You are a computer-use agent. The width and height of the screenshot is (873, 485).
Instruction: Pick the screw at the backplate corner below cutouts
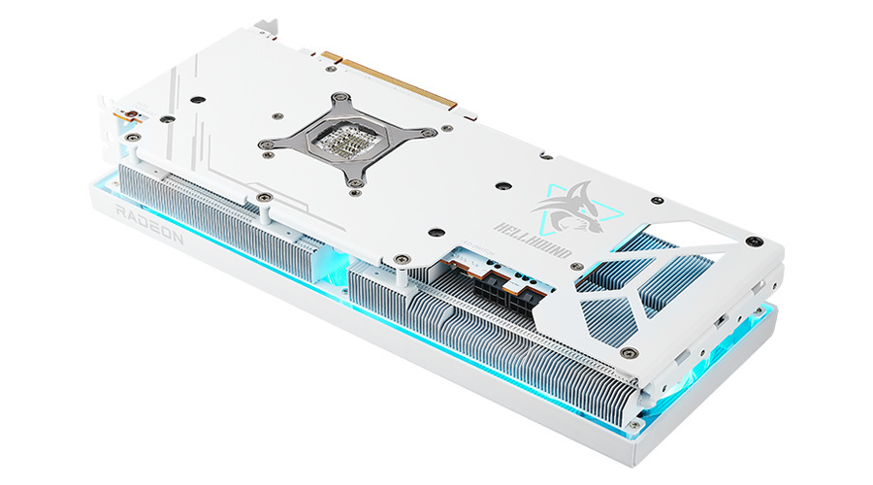(x=630, y=351)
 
